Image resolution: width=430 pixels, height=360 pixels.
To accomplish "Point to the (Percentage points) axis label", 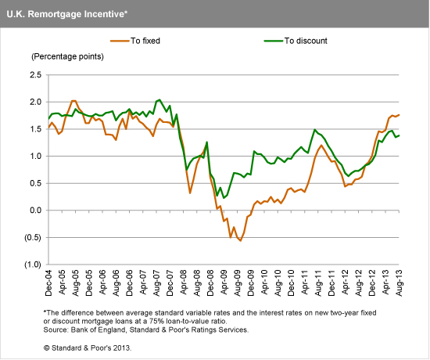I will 67,57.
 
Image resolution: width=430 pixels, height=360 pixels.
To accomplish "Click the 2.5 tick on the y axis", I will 34,75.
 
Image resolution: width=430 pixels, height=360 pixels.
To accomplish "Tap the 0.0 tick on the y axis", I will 34,211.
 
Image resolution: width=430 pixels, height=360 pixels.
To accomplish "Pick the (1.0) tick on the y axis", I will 31,265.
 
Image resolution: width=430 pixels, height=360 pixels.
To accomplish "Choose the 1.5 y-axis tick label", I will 34,129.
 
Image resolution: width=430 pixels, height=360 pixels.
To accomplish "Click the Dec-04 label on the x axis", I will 48,283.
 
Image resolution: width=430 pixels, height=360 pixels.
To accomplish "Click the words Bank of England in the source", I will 102,330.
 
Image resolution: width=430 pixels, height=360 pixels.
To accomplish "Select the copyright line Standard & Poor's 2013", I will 88,347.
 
